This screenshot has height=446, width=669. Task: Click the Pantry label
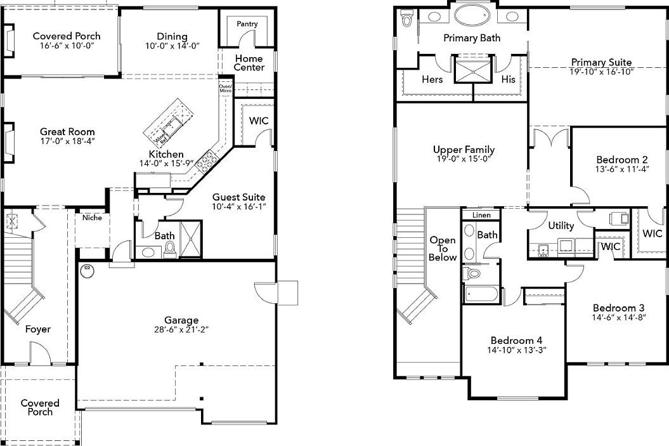point(247,24)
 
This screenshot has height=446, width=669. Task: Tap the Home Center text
point(249,63)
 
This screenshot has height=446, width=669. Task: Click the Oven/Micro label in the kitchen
point(225,89)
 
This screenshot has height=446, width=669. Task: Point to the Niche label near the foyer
point(92,218)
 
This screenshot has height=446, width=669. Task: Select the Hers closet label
point(432,79)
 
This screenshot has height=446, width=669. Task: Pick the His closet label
point(508,79)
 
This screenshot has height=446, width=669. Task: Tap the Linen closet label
point(481,216)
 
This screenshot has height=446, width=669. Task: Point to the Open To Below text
point(443,249)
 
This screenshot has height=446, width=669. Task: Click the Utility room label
point(561,226)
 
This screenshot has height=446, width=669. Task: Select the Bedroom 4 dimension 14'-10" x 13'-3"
point(517,350)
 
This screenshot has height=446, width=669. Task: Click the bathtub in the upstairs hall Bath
point(481,294)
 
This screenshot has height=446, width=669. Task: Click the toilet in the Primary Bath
point(407,20)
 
